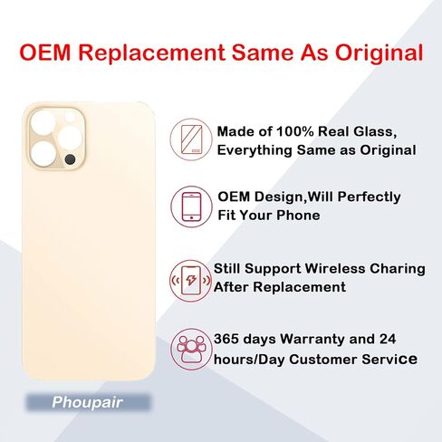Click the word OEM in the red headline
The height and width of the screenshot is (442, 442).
[44, 53]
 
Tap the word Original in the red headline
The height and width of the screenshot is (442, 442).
[379, 53]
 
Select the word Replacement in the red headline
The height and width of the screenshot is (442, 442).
[151, 53]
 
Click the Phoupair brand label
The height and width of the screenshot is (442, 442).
[87, 402]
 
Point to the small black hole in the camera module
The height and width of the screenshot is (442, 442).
[70, 159]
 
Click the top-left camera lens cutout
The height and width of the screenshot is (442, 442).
[43, 123]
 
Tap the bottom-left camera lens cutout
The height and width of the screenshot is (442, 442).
[43, 154]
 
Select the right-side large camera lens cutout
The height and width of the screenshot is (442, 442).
[70, 139]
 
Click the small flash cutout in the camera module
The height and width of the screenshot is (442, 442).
[70, 117]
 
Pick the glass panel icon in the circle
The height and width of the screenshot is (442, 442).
[191, 139]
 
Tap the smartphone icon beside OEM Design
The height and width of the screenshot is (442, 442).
[192, 207]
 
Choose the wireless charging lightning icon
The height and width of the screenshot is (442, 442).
[191, 281]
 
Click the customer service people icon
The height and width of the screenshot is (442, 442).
[191, 349]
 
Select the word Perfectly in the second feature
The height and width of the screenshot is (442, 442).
[369, 197]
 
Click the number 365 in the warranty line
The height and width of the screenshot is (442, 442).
[226, 339]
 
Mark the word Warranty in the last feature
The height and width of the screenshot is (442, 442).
[312, 340]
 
